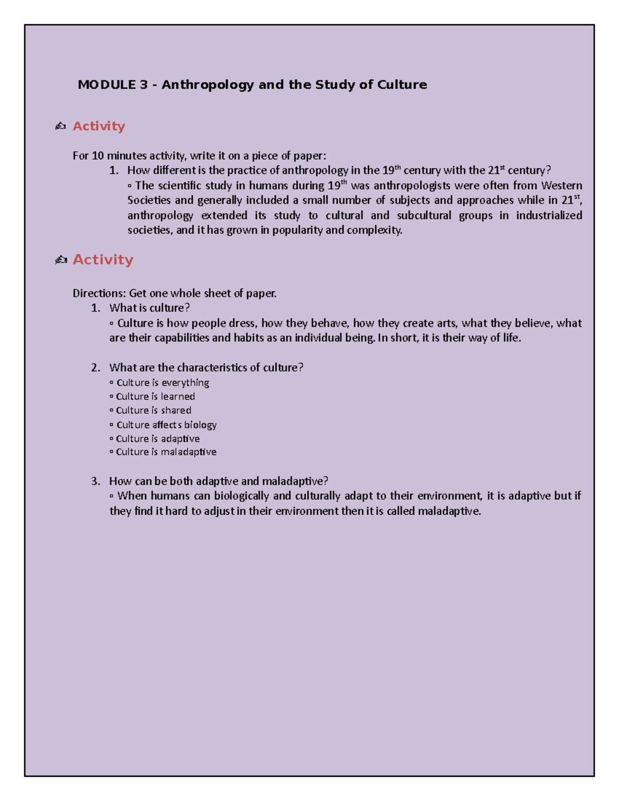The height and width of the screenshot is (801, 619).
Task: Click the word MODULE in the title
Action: point(106,85)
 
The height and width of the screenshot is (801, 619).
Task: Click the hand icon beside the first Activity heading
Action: point(60,126)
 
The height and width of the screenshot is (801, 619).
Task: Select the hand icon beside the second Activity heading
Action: point(61,260)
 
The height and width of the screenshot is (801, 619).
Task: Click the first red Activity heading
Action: point(99,126)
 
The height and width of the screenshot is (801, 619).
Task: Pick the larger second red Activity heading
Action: point(103,259)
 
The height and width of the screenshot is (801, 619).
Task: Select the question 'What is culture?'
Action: point(149,308)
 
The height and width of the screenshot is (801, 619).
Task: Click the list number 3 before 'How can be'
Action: point(95,481)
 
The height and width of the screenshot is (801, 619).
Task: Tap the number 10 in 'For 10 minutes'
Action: point(97,156)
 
